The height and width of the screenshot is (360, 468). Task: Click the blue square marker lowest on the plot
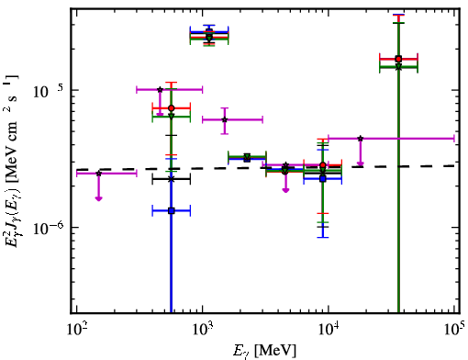coord(172,210)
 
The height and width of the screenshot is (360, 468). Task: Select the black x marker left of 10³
coord(172,179)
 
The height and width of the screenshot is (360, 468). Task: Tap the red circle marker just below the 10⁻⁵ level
coord(172,108)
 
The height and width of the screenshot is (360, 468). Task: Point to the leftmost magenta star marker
coord(98,174)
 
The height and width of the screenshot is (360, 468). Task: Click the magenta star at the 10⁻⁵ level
coord(160,90)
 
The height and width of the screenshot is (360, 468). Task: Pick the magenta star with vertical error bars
coord(225,119)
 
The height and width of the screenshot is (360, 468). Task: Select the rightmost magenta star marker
coord(361,139)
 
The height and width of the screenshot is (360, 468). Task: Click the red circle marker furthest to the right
coord(398,59)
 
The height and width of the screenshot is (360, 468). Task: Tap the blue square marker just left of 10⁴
coord(323,179)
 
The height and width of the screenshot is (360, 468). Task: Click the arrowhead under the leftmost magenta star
coord(98,198)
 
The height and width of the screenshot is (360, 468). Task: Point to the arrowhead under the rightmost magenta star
coord(361,163)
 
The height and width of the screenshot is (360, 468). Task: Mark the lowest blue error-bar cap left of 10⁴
coord(323,237)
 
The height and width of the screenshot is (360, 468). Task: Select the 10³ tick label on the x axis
coord(202,329)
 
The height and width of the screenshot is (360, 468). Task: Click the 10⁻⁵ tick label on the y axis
coord(48,91)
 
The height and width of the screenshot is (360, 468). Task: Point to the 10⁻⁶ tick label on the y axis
coord(48,228)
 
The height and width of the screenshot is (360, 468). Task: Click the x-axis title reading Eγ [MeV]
coord(264,351)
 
